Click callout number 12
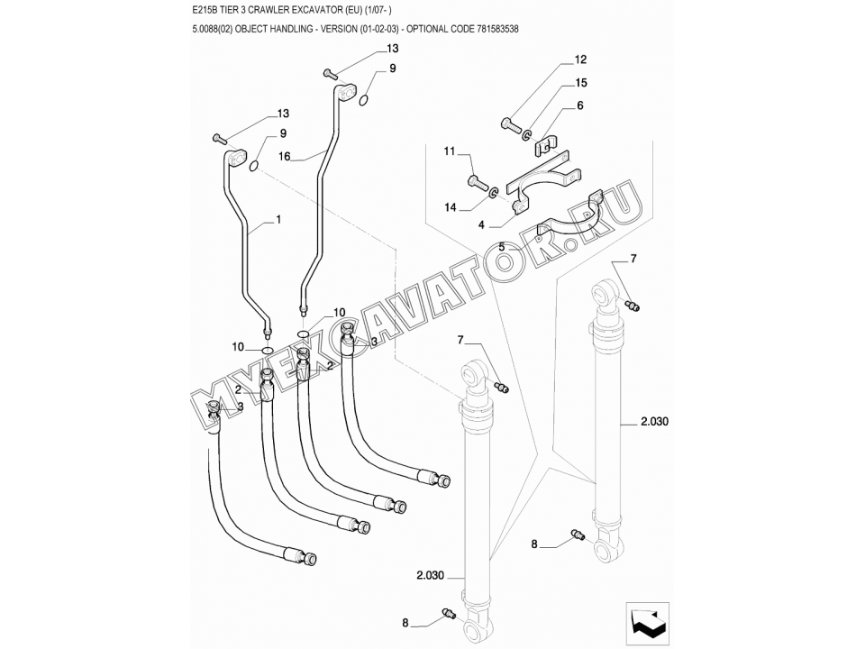(x=580, y=60)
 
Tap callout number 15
(x=580, y=83)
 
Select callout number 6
(x=580, y=105)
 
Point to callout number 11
(x=450, y=153)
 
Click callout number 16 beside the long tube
(x=285, y=156)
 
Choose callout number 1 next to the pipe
(x=278, y=219)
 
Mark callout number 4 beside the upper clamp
(x=483, y=224)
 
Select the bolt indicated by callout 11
(x=478, y=183)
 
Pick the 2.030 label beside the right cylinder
(x=655, y=421)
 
